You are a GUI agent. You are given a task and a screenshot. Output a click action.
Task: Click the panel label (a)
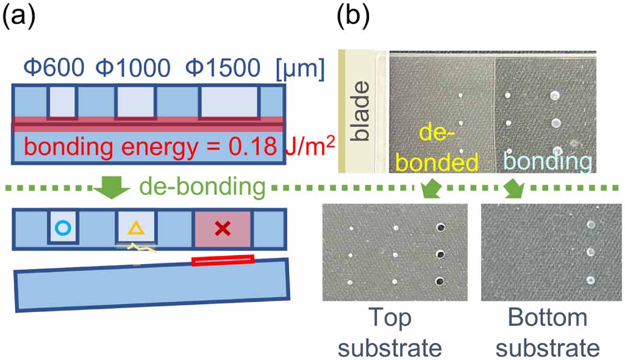click(x=23, y=18)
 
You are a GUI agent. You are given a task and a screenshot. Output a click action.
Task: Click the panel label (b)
click(x=354, y=18)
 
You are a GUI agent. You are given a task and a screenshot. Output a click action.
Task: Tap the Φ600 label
click(x=54, y=68)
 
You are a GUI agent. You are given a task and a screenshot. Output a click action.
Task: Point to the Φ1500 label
click(x=223, y=68)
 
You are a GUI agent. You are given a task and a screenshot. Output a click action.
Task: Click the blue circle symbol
click(x=62, y=228)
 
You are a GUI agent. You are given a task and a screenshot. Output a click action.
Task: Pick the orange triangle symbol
click(x=137, y=229)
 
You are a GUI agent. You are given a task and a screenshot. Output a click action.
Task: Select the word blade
click(x=360, y=110)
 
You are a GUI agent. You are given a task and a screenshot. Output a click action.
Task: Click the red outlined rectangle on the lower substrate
click(x=222, y=261)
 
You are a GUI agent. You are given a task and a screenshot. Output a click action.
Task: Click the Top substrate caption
click(x=390, y=333)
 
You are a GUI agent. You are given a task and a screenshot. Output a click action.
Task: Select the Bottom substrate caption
click(x=547, y=333)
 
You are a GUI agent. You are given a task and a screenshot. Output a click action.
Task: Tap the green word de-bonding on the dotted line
click(x=201, y=187)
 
